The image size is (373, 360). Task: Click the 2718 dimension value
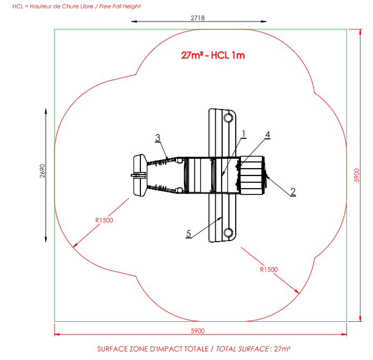[x=198, y=18]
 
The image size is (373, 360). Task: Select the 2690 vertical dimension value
[x=42, y=171]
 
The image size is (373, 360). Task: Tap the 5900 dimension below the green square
[x=198, y=331]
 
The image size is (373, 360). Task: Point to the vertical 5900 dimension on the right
[x=357, y=176]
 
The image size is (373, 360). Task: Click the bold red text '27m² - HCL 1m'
[x=213, y=55]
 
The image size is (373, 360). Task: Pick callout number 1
[x=244, y=134]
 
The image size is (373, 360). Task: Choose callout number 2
[x=293, y=192]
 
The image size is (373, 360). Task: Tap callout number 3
[x=158, y=138]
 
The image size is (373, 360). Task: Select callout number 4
[x=268, y=135]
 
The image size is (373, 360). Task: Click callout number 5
[x=189, y=234]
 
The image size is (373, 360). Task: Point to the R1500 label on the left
[x=104, y=220]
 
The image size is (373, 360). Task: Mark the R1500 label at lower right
[x=269, y=269]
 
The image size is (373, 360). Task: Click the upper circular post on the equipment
[x=228, y=118]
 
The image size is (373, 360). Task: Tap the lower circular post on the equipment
[x=228, y=233]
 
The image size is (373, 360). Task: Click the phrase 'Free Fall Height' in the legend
[x=119, y=6]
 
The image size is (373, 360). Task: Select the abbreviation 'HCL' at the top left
[x=18, y=6]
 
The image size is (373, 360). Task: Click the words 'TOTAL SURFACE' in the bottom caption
[x=243, y=349]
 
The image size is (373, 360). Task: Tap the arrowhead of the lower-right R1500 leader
[x=297, y=292]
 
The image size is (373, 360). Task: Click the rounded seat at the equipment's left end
[x=140, y=176]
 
